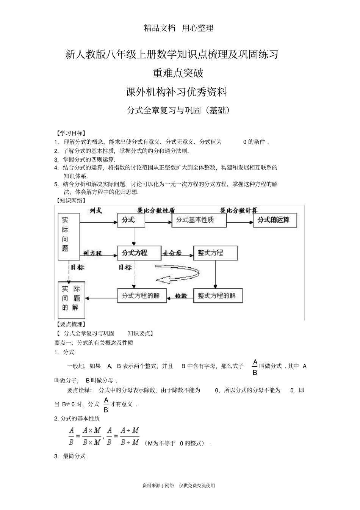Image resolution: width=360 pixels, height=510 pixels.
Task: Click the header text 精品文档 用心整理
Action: (x=179, y=28)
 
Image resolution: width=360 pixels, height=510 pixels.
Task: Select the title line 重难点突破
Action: (x=178, y=73)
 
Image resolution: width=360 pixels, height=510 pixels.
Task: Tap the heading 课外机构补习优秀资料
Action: (x=177, y=92)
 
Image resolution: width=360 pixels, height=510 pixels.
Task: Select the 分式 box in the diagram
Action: (x=131, y=220)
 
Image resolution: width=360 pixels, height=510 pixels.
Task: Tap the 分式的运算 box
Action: (x=275, y=220)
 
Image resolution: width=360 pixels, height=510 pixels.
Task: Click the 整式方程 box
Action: (x=215, y=253)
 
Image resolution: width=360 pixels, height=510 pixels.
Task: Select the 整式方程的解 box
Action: (x=218, y=295)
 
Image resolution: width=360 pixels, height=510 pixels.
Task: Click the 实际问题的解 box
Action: (x=71, y=300)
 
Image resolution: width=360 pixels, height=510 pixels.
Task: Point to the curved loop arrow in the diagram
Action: (x=178, y=275)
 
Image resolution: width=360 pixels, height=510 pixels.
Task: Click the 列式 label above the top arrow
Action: (x=96, y=210)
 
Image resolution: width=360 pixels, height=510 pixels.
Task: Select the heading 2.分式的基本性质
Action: (x=77, y=418)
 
